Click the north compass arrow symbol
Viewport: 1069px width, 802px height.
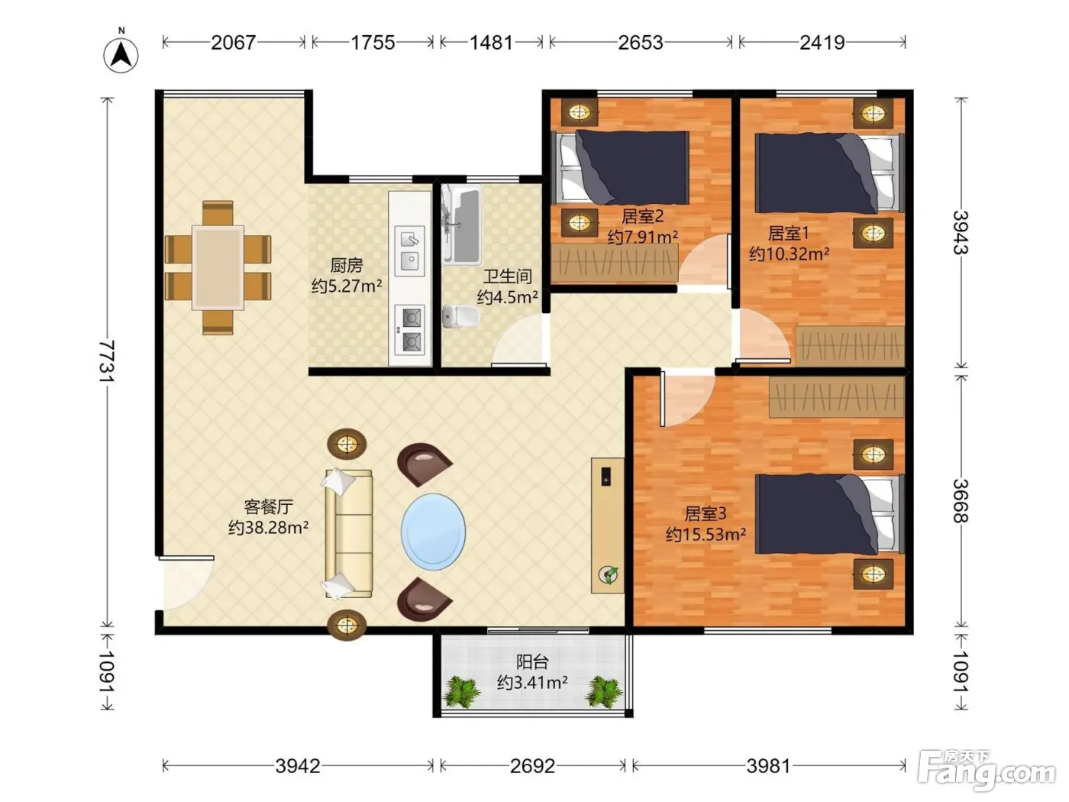tap(121, 54)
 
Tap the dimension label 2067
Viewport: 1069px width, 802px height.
tap(234, 43)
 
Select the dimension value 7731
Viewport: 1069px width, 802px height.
tap(107, 361)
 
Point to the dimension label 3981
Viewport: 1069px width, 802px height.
tap(768, 766)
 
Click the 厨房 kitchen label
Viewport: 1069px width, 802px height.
tap(346, 265)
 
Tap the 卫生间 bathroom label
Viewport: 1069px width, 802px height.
tap(508, 276)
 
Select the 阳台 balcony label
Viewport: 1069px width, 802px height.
tap(532, 661)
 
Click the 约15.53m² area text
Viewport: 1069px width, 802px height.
tap(706, 534)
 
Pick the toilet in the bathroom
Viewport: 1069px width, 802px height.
tap(460, 316)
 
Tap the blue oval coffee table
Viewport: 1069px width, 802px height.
tap(433, 532)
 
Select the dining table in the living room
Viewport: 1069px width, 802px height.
tap(218, 267)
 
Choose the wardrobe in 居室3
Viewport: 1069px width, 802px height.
tap(836, 396)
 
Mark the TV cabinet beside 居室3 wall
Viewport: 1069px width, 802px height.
tap(607, 525)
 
